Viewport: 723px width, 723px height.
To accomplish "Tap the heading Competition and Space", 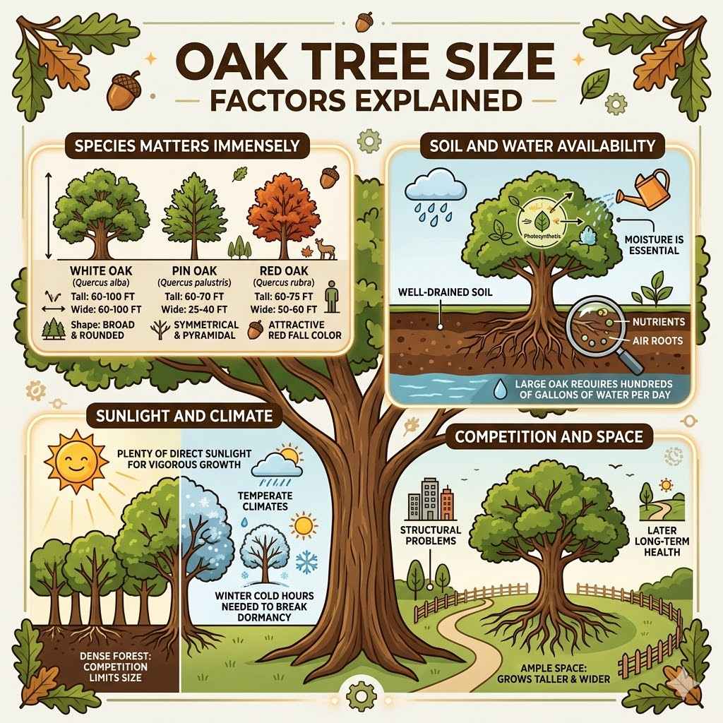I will tap(549, 437).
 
